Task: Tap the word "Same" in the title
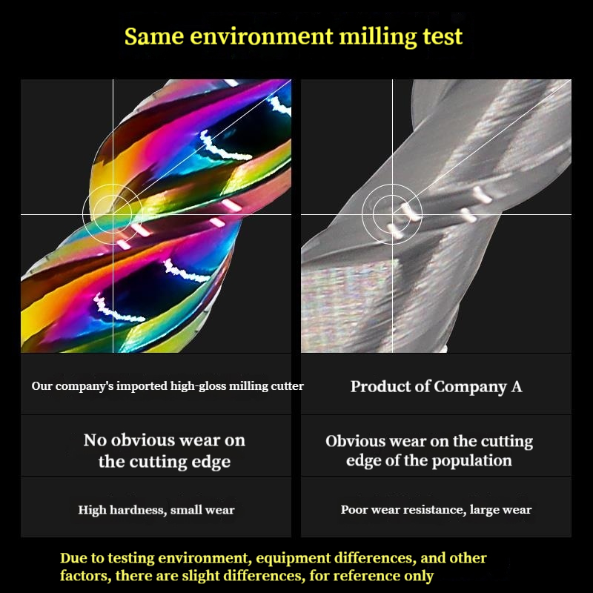pos(154,36)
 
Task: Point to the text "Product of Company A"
pos(436,386)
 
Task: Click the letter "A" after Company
pos(516,386)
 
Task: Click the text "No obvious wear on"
pos(164,440)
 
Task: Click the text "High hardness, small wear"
pos(156,509)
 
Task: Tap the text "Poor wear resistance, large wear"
pos(436,509)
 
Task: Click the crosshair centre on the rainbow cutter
pos(113,214)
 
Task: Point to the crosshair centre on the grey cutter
pos(392,214)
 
